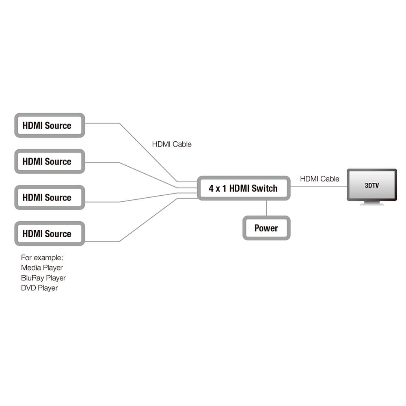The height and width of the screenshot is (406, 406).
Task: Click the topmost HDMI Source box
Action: [50, 125]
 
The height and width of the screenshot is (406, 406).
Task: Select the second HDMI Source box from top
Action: [50, 162]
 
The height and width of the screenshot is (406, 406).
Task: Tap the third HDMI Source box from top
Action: [50, 198]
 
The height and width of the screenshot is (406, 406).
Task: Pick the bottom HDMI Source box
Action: [50, 233]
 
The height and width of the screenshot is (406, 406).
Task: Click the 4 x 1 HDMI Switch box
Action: [244, 188]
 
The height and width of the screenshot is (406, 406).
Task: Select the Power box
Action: [266, 228]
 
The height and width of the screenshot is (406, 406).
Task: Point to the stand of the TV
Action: [371, 203]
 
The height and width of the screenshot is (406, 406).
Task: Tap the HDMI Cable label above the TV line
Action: [320, 179]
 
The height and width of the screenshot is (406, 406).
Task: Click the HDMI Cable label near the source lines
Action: [172, 144]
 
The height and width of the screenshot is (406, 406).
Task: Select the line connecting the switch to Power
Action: [266, 208]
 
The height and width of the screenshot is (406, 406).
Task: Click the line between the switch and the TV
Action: [319, 187]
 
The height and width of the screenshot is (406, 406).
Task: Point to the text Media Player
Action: [42, 268]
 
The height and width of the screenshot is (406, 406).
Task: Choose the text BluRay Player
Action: [43, 278]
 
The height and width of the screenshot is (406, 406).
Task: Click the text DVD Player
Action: [39, 288]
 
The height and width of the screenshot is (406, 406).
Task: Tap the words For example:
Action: [42, 258]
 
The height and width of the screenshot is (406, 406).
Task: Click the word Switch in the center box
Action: [264, 188]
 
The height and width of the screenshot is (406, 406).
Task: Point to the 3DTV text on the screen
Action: [371, 186]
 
